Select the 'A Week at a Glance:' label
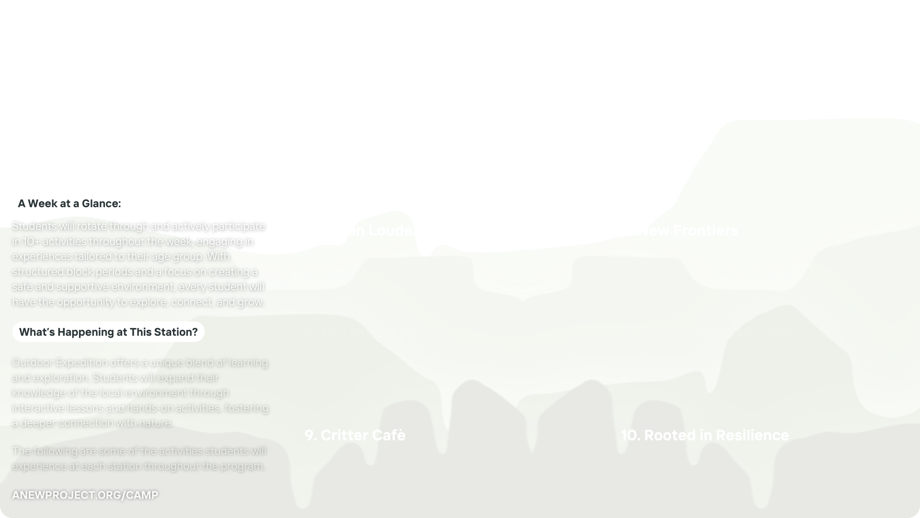point(69,203)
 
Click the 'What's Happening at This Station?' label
point(108,332)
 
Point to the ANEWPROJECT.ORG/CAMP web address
point(85,495)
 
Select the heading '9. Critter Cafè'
point(355,435)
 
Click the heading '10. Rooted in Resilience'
point(705,435)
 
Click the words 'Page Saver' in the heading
point(772,128)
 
